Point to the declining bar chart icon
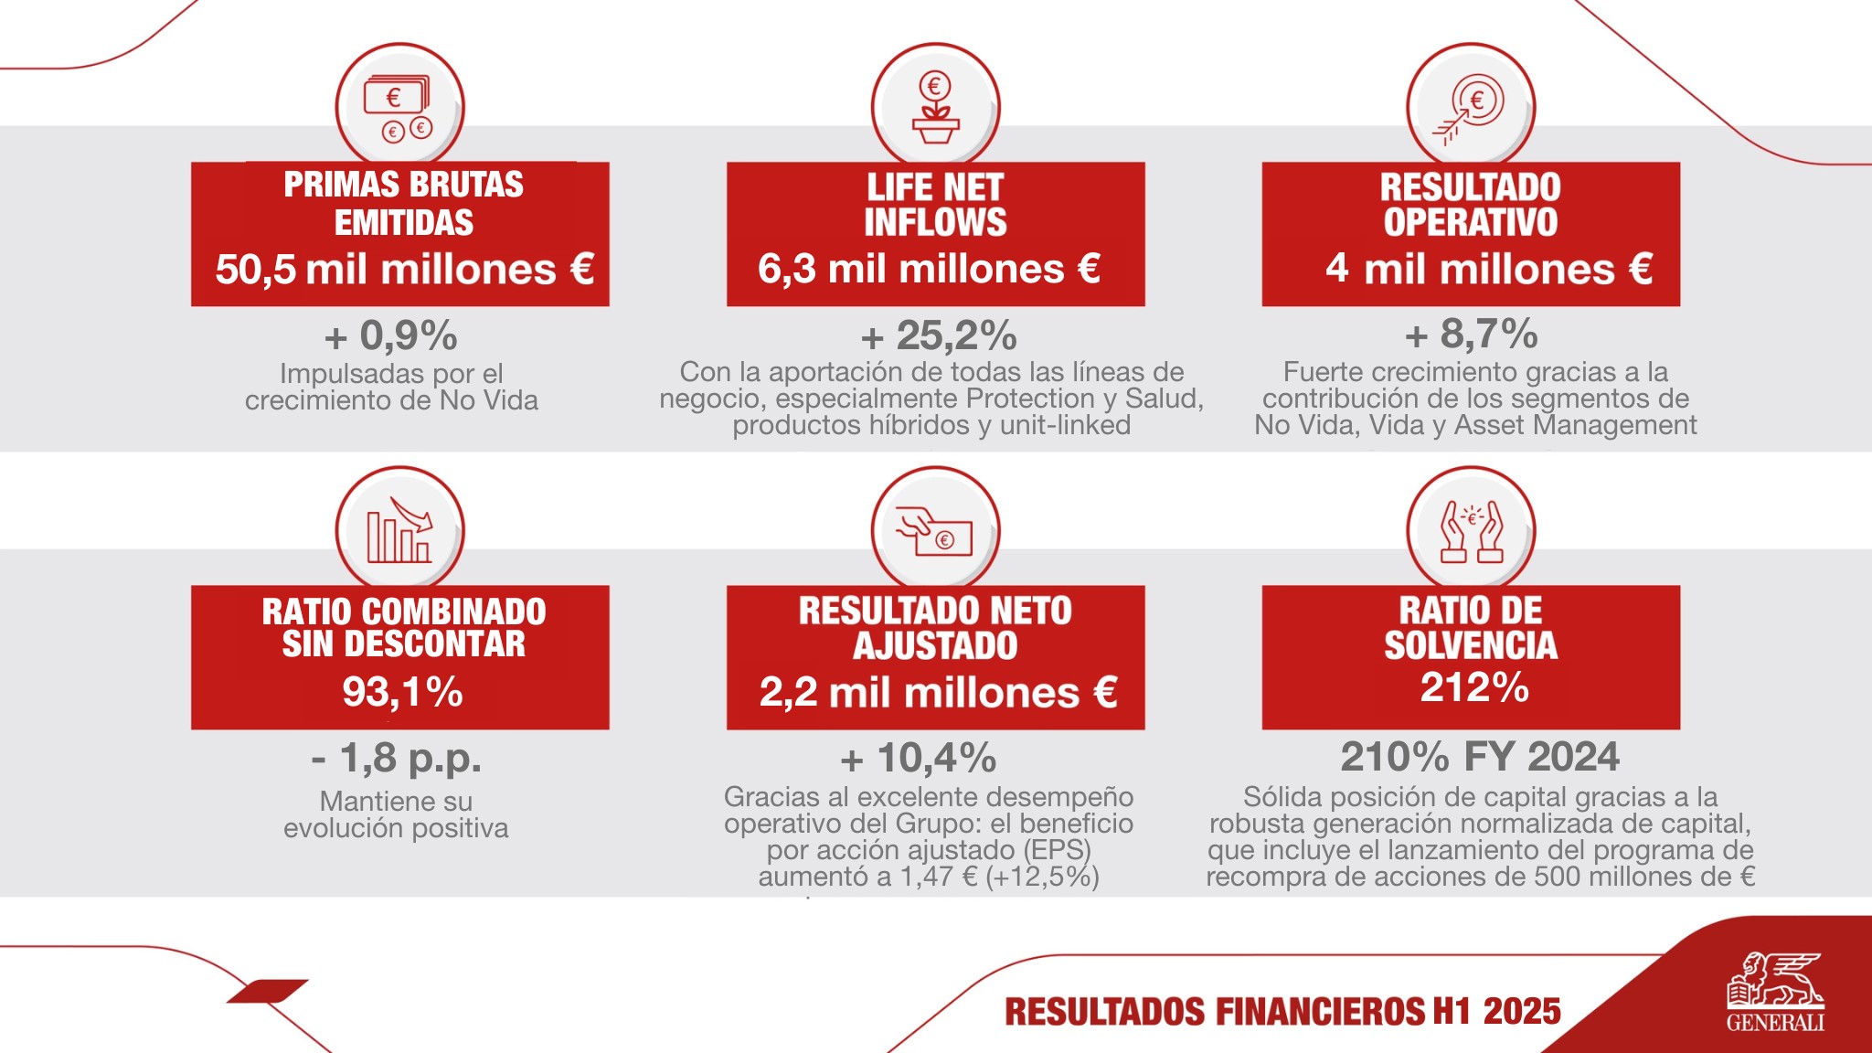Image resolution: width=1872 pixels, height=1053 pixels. tap(399, 531)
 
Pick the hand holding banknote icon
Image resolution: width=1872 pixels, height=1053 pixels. tap(935, 531)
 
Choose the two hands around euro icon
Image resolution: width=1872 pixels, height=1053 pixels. tap(1470, 531)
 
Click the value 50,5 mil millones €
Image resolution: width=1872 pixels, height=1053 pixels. tap(404, 270)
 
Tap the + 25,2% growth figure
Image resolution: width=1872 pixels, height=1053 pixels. tap(939, 335)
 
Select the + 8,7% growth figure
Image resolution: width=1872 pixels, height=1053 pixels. tap(1471, 335)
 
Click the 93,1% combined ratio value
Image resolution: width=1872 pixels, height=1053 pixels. tap(402, 692)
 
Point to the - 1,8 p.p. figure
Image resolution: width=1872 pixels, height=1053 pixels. tap(396, 758)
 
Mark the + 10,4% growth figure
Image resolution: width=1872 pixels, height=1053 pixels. tap(918, 759)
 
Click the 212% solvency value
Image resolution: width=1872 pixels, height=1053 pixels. tap(1473, 687)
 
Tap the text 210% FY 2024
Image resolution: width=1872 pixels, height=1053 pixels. tap(1479, 757)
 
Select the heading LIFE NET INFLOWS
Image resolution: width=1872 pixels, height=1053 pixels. tap(935, 205)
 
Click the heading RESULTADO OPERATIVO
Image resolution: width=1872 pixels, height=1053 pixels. tap(1470, 205)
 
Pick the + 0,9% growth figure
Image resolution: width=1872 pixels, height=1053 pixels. tap(391, 335)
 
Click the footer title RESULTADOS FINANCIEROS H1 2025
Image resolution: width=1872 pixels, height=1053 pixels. tap(1282, 1012)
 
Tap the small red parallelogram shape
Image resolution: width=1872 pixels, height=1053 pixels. tap(267, 991)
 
